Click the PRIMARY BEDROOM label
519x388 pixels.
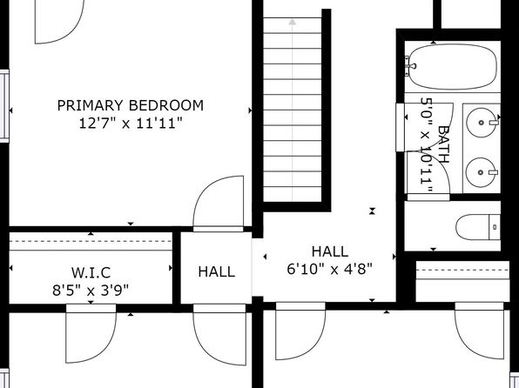(x=131, y=105)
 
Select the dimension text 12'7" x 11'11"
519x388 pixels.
(x=131, y=124)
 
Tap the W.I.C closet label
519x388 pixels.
(x=91, y=272)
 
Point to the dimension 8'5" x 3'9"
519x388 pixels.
(x=91, y=291)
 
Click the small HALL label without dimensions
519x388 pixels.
(x=217, y=272)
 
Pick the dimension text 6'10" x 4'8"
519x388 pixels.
(x=330, y=269)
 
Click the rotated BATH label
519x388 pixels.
(x=444, y=144)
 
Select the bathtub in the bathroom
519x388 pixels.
(x=452, y=67)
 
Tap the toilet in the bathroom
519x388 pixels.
(x=478, y=227)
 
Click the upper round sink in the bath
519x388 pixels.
(x=482, y=123)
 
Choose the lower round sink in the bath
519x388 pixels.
(x=481, y=172)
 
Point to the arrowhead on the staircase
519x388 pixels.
(x=292, y=22)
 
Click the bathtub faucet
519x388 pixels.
(x=410, y=66)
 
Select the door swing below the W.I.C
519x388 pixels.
(x=91, y=333)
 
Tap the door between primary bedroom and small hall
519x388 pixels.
(x=219, y=204)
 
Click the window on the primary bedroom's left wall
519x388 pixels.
(x=4, y=106)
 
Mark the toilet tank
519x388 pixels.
(x=495, y=227)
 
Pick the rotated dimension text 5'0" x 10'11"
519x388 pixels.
(x=427, y=145)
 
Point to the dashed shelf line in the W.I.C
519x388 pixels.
(x=91, y=241)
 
